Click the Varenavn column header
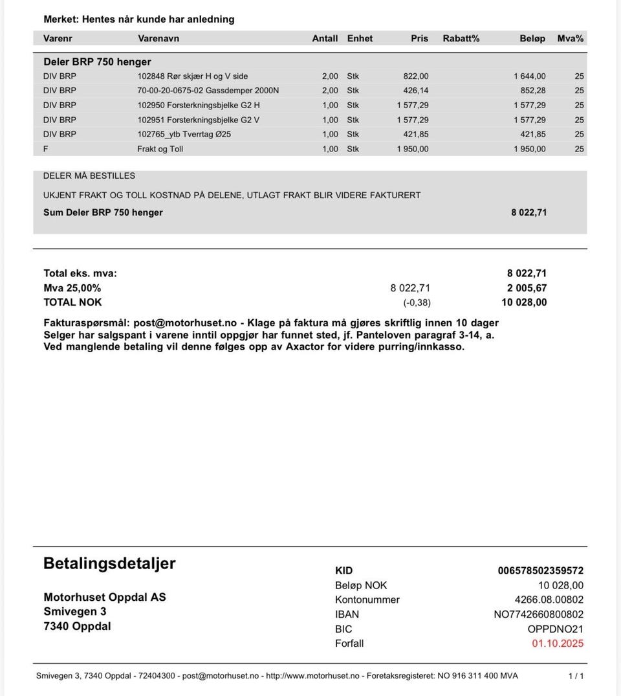pyautogui.click(x=158, y=38)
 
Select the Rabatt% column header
pyautogui.click(x=461, y=38)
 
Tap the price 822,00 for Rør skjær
pyautogui.click(x=415, y=76)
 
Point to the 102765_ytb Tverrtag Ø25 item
pyautogui.click(x=184, y=134)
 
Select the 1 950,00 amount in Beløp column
pyautogui.click(x=529, y=149)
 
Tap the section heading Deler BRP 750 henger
pyautogui.click(x=97, y=62)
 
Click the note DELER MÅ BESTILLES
pyautogui.click(x=89, y=176)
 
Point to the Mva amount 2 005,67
pyautogui.click(x=527, y=288)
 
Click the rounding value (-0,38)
pyautogui.click(x=417, y=302)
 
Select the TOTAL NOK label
pyautogui.click(x=72, y=302)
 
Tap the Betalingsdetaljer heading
pyautogui.click(x=109, y=563)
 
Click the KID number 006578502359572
pyautogui.click(x=540, y=570)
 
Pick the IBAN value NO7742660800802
pyautogui.click(x=538, y=614)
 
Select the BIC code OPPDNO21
pyautogui.click(x=555, y=629)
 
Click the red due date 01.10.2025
pyautogui.click(x=558, y=644)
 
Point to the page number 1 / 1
pyautogui.click(x=576, y=676)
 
